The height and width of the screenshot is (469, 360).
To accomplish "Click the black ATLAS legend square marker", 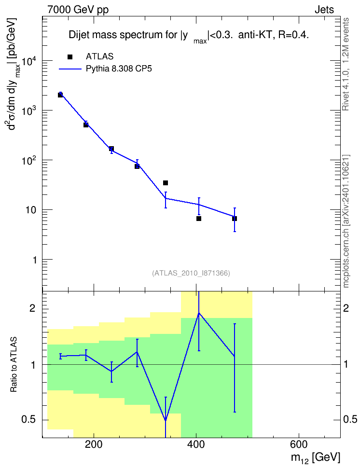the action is (70, 57).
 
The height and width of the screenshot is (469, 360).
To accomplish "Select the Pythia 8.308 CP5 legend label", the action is (119, 69).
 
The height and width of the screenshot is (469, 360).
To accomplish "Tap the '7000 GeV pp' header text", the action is (78, 10).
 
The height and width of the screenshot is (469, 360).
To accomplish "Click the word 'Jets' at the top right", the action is (324, 10).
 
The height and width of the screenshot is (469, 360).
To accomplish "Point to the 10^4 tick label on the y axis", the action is (29, 61).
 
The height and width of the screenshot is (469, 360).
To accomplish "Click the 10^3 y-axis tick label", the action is (29, 111).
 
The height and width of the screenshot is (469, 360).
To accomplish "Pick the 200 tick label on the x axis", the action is (94, 444).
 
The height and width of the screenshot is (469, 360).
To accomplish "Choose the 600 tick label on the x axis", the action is (298, 444).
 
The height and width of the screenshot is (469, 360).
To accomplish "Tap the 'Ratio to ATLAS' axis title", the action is (14, 364).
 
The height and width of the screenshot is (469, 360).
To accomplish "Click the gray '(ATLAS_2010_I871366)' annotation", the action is (191, 273).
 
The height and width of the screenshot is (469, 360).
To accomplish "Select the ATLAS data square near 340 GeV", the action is (166, 183).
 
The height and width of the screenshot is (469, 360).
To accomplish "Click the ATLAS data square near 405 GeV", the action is (199, 219).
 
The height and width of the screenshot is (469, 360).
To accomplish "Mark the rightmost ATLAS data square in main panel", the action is (235, 219).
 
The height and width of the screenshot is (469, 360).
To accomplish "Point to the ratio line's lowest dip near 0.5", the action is (166, 420).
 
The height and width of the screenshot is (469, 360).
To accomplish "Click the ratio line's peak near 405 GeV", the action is (199, 313).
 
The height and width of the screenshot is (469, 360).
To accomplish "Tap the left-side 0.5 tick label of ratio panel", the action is (29, 420).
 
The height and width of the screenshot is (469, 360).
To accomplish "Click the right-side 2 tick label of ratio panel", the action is (346, 308).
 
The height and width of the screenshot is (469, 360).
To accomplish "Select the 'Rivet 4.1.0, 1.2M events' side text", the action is (346, 64).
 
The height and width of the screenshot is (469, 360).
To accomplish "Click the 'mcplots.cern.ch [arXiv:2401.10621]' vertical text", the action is (346, 221).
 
